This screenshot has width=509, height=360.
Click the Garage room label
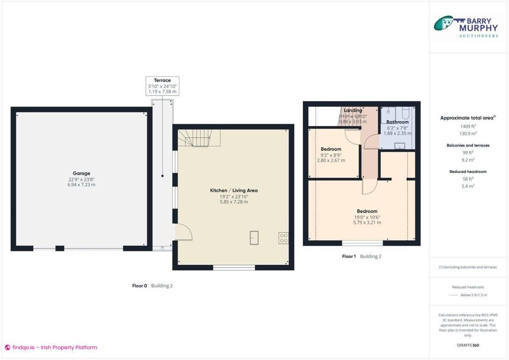coord(81,173)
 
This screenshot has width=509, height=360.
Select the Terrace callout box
coord(162,86)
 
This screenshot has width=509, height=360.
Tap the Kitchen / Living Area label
coord(234,191)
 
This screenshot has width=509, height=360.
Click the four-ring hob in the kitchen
coord(283,238)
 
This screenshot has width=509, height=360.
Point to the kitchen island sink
coord(255,238)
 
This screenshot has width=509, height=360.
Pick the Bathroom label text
coord(397,122)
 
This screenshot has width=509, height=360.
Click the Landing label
coord(353,110)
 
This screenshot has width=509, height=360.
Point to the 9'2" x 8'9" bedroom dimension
coord(331,155)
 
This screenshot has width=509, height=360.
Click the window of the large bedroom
coord(362,243)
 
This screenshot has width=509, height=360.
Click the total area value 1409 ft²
coord(468,126)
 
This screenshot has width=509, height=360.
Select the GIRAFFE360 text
coord(468,345)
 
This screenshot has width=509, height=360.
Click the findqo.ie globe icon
coord(7,347)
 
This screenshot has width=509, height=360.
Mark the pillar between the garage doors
coord(60,248)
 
